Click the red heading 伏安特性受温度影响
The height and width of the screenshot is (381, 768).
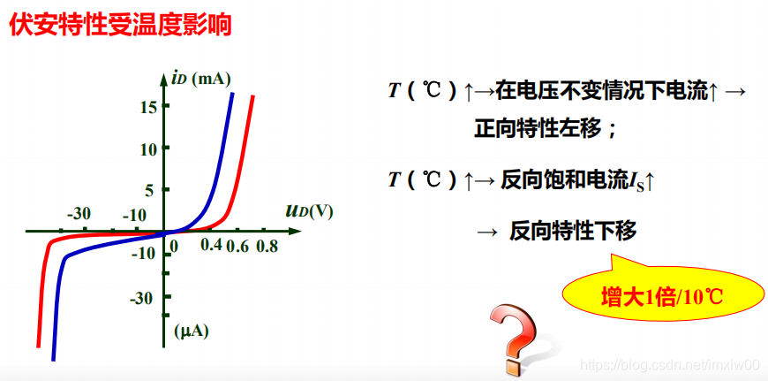point(120,25)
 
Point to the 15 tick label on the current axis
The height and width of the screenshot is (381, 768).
point(148,106)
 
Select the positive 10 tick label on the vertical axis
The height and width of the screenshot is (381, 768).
point(148,149)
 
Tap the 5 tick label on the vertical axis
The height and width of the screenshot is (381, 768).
point(148,189)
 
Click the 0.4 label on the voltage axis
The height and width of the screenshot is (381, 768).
point(211,245)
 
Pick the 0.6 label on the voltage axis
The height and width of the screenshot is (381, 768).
point(237,247)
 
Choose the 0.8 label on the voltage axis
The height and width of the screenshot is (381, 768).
point(266,247)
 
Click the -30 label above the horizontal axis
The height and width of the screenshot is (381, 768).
point(79,214)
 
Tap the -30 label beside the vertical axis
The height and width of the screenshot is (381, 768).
point(142,298)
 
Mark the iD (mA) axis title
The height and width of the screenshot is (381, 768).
point(200,79)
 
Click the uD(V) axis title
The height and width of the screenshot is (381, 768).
point(309,211)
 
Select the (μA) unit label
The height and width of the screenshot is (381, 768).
point(192,332)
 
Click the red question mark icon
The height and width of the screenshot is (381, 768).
point(516,339)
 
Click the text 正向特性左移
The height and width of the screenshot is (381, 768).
point(544,129)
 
